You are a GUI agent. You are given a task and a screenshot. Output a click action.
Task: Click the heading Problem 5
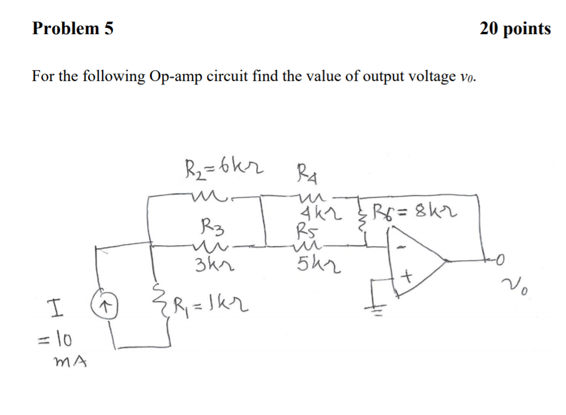(73, 28)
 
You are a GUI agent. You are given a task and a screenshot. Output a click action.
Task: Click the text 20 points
(515, 28)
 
